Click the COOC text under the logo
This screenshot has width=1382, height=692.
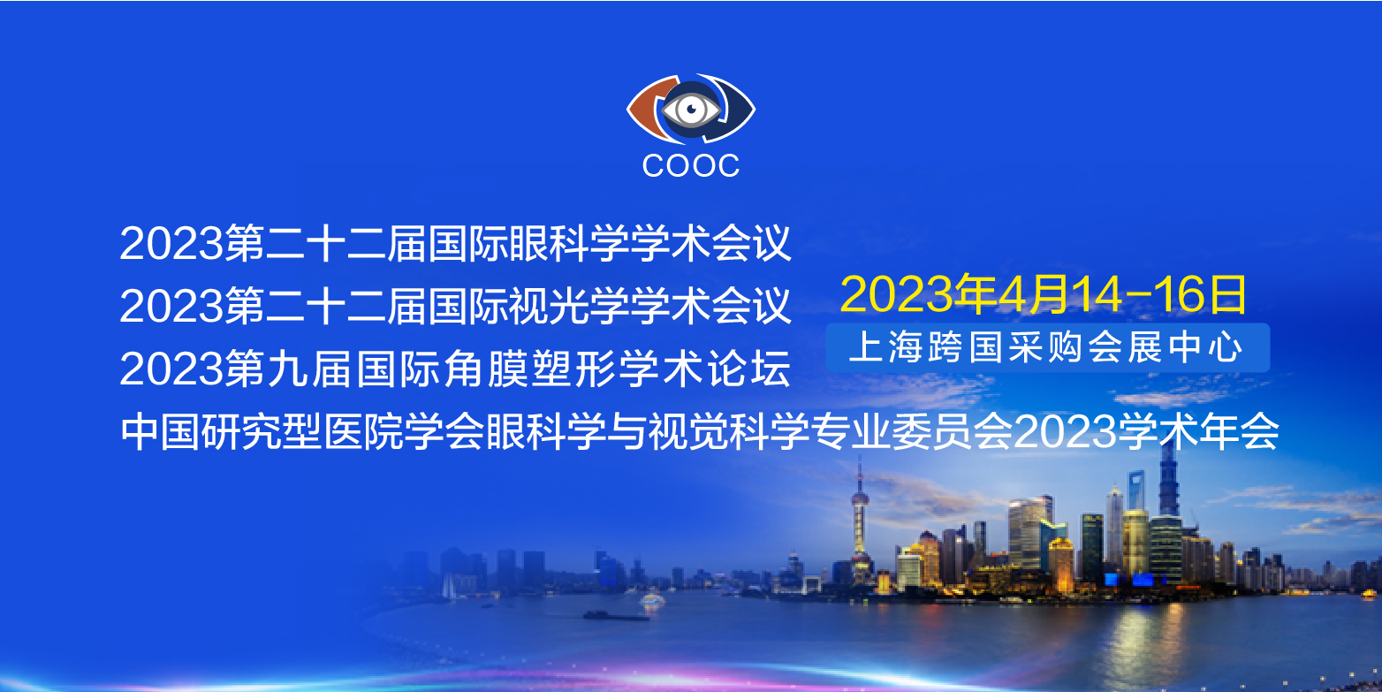click(690, 165)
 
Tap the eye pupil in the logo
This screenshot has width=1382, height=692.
click(692, 110)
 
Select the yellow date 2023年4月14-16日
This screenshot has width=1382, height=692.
click(1044, 293)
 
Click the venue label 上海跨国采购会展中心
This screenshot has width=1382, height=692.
click(1045, 347)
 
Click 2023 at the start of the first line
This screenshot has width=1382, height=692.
click(171, 243)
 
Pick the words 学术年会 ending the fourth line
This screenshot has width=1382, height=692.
click(1198, 431)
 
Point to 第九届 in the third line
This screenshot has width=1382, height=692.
click(290, 369)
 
